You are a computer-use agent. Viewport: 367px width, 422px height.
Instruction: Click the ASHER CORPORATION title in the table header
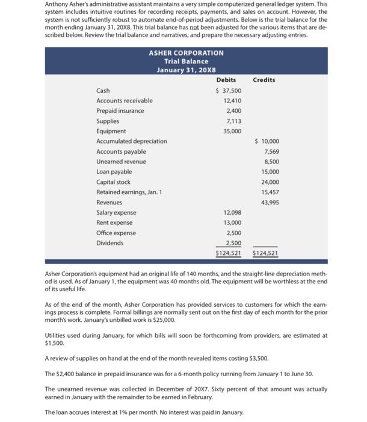pos(186,53)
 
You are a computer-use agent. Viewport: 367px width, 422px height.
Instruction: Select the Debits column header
pos(226,80)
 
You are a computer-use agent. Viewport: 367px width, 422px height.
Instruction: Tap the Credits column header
pos(264,80)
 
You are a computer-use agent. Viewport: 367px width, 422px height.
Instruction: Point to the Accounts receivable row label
pos(125,101)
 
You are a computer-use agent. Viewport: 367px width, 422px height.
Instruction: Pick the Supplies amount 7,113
pos(233,121)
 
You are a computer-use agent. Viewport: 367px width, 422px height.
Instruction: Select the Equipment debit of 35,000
pos(232,131)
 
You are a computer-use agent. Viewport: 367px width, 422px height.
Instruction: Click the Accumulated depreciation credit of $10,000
pos(267,142)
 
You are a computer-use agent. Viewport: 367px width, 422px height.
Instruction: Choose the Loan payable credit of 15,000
pos(269,172)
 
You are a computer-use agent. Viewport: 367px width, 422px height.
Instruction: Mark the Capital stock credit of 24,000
pos(269,183)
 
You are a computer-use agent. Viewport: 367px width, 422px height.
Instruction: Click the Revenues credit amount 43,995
pos(269,203)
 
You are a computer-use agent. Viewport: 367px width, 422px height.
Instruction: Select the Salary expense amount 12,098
pos(232,213)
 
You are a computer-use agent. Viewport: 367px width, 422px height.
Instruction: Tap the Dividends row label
pos(109,244)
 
